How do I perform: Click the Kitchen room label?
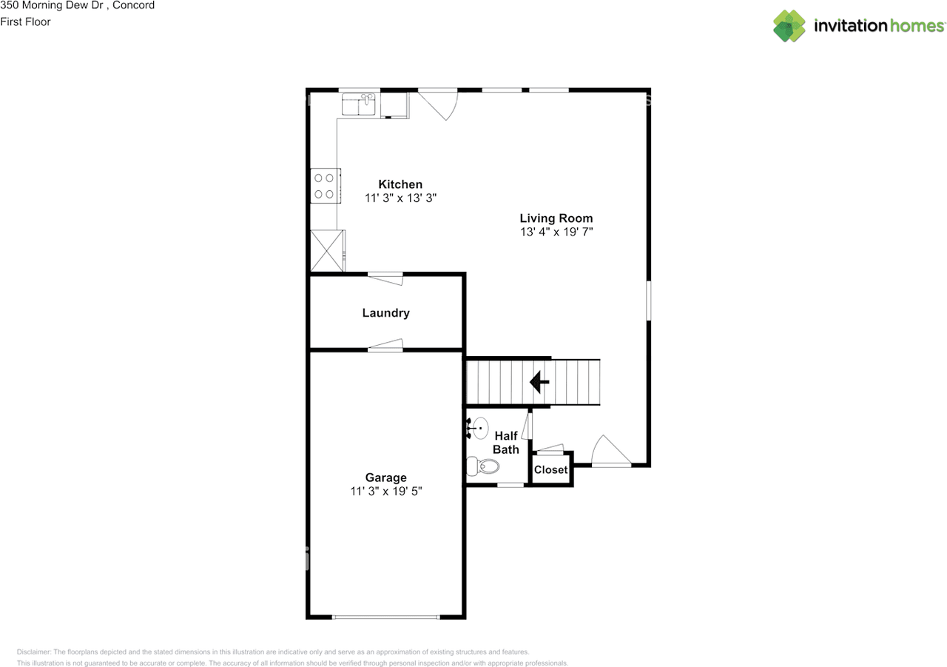pyautogui.click(x=400, y=184)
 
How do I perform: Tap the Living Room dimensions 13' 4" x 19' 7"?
pyautogui.click(x=556, y=232)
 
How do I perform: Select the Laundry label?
pyautogui.click(x=385, y=313)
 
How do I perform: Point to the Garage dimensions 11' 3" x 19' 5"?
pyautogui.click(x=386, y=491)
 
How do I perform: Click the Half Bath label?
pyautogui.click(x=505, y=443)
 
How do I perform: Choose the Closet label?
pyautogui.click(x=550, y=470)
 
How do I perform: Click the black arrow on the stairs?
pyautogui.click(x=539, y=382)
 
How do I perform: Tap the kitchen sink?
pyautogui.click(x=358, y=104)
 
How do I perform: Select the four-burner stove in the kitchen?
pyautogui.click(x=325, y=186)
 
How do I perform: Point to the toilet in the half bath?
pyautogui.click(x=482, y=466)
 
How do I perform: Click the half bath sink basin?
pyautogui.click(x=480, y=428)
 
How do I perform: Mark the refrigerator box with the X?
pyautogui.click(x=327, y=250)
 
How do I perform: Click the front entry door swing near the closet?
pyautogui.click(x=611, y=451)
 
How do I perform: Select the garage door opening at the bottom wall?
pyautogui.click(x=385, y=617)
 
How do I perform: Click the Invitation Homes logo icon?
pyautogui.click(x=789, y=26)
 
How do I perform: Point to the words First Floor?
pyautogui.click(x=25, y=22)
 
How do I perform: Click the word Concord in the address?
pyautogui.click(x=134, y=5)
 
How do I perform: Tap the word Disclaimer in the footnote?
pyautogui.click(x=34, y=651)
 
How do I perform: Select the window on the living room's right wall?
pyautogui.click(x=649, y=301)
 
